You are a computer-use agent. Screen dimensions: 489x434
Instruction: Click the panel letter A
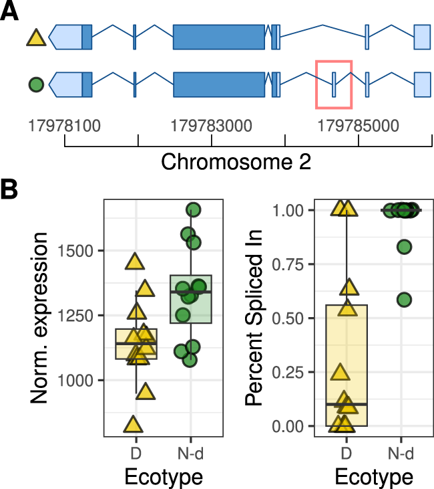tap(11, 13)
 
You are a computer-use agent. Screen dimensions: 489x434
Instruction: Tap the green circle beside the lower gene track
tap(36, 85)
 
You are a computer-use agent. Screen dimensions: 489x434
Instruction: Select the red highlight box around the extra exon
tap(333, 83)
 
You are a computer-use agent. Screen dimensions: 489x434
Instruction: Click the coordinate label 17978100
tap(64, 125)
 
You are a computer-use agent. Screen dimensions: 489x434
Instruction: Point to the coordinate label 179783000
tap(212, 125)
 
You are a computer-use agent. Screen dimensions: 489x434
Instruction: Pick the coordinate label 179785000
tap(359, 125)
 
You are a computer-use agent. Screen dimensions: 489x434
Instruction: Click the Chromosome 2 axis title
tap(236, 162)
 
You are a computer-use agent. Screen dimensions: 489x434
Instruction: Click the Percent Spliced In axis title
tap(256, 318)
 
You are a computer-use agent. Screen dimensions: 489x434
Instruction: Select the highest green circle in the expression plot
tap(194, 210)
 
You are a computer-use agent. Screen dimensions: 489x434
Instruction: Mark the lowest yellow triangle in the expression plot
tap(134, 424)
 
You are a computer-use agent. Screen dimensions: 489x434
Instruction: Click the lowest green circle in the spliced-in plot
tap(404, 300)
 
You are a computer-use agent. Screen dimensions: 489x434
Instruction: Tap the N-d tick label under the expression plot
tap(191, 454)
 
